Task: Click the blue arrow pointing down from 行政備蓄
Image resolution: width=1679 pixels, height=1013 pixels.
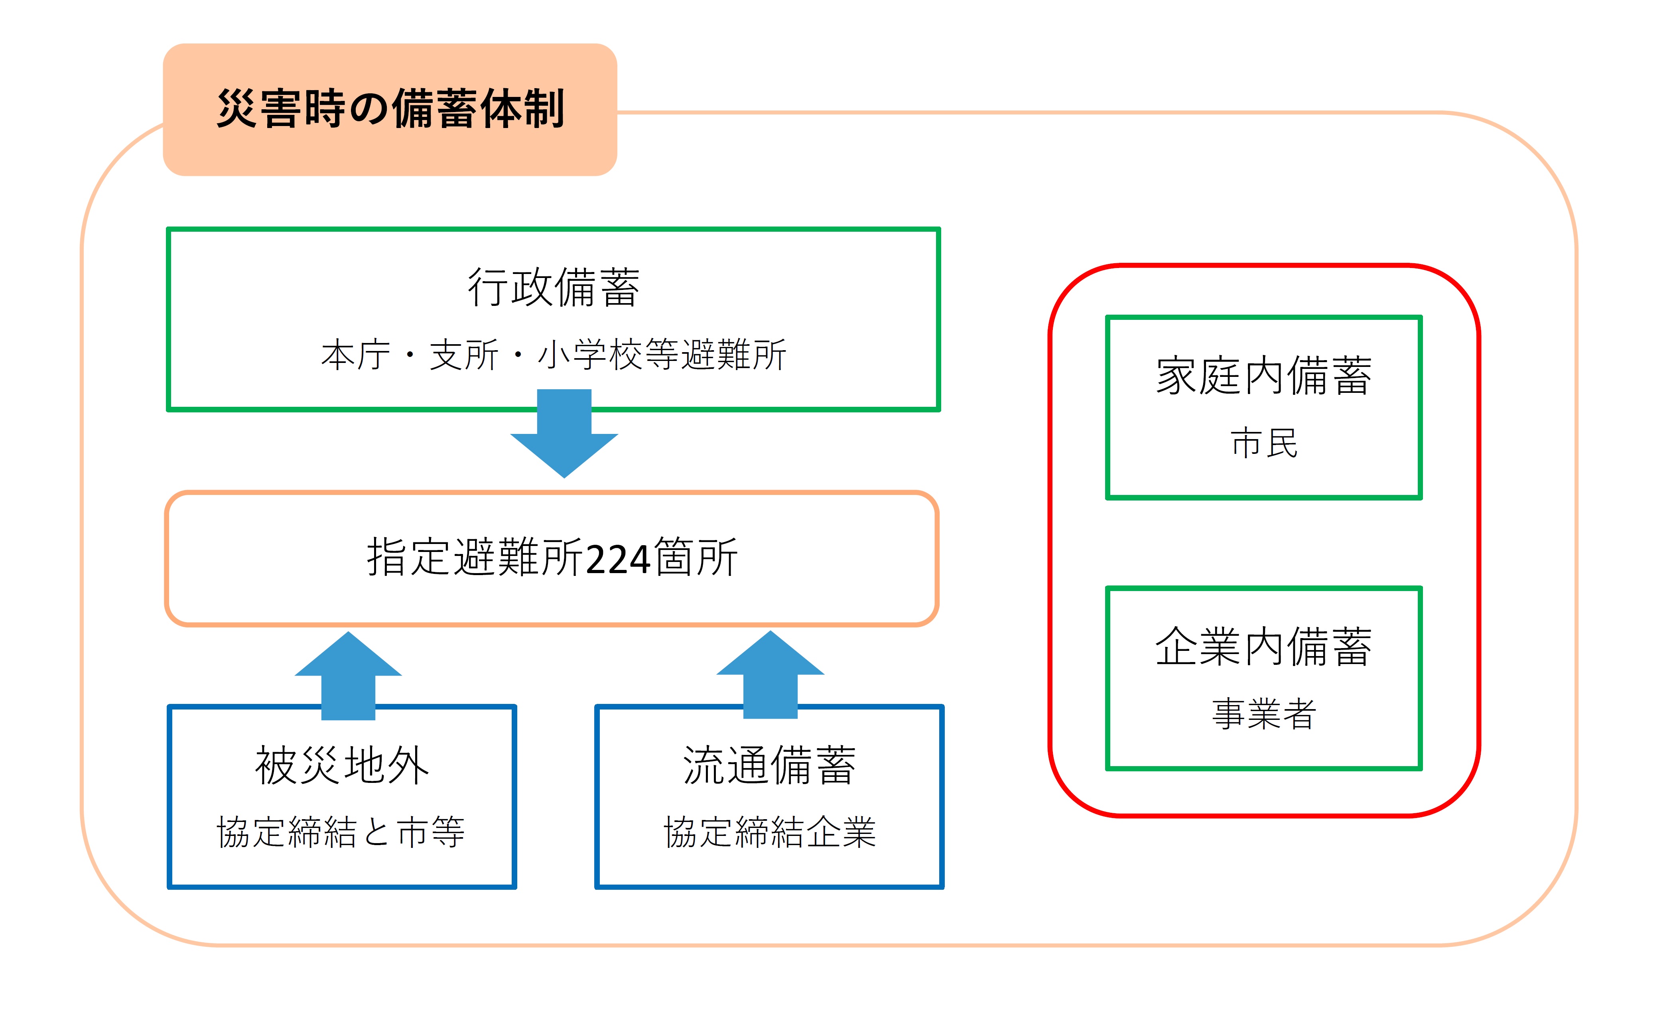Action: pyautogui.click(x=564, y=433)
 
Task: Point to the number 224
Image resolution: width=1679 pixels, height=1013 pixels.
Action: pyautogui.click(x=618, y=559)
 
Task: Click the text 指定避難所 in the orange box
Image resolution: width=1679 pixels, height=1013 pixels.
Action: pyautogui.click(x=475, y=557)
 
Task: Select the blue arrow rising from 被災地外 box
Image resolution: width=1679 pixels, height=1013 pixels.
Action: pyautogui.click(x=348, y=675)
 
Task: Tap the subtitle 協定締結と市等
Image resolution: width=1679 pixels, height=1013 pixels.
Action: pyautogui.click(x=341, y=832)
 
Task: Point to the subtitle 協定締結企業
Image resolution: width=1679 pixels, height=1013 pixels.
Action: pyautogui.click(x=770, y=832)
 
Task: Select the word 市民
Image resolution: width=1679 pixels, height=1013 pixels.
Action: pyautogui.click(x=1264, y=443)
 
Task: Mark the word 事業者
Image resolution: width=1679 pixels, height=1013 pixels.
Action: pyautogui.click(x=1264, y=713)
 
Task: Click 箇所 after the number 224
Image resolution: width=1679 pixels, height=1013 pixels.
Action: pyautogui.click(x=695, y=557)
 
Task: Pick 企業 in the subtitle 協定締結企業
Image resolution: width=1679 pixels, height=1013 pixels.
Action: pyautogui.click(x=841, y=832)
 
